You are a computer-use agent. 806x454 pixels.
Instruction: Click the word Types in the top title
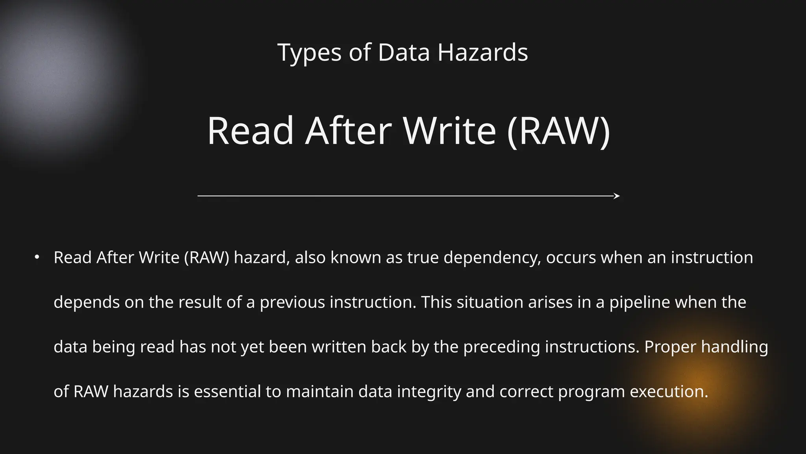309,53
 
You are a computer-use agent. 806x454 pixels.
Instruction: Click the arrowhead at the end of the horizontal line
617,196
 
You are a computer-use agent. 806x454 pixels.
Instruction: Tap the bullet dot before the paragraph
37,257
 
